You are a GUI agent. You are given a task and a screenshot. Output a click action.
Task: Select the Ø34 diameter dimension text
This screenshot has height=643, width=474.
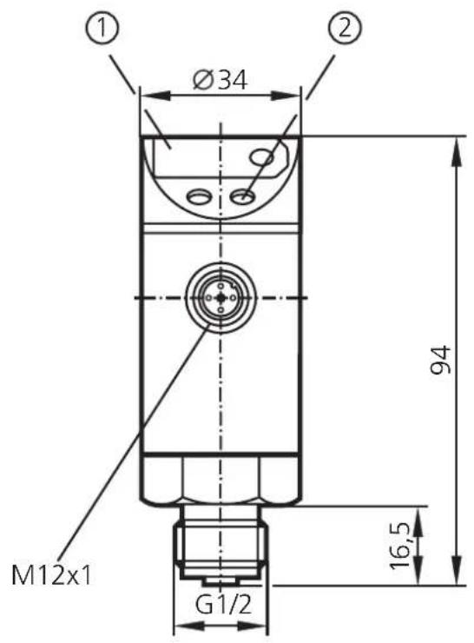220,80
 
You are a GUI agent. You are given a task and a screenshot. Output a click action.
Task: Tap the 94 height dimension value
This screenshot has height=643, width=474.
441,361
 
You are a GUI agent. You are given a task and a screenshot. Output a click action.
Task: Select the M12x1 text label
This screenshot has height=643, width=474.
51,574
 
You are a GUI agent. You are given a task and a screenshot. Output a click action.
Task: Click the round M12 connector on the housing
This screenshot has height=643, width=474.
221,298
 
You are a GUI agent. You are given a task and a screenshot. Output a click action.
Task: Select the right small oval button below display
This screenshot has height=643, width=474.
245,198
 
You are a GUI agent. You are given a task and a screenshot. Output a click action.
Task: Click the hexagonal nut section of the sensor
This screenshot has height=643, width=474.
221,483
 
